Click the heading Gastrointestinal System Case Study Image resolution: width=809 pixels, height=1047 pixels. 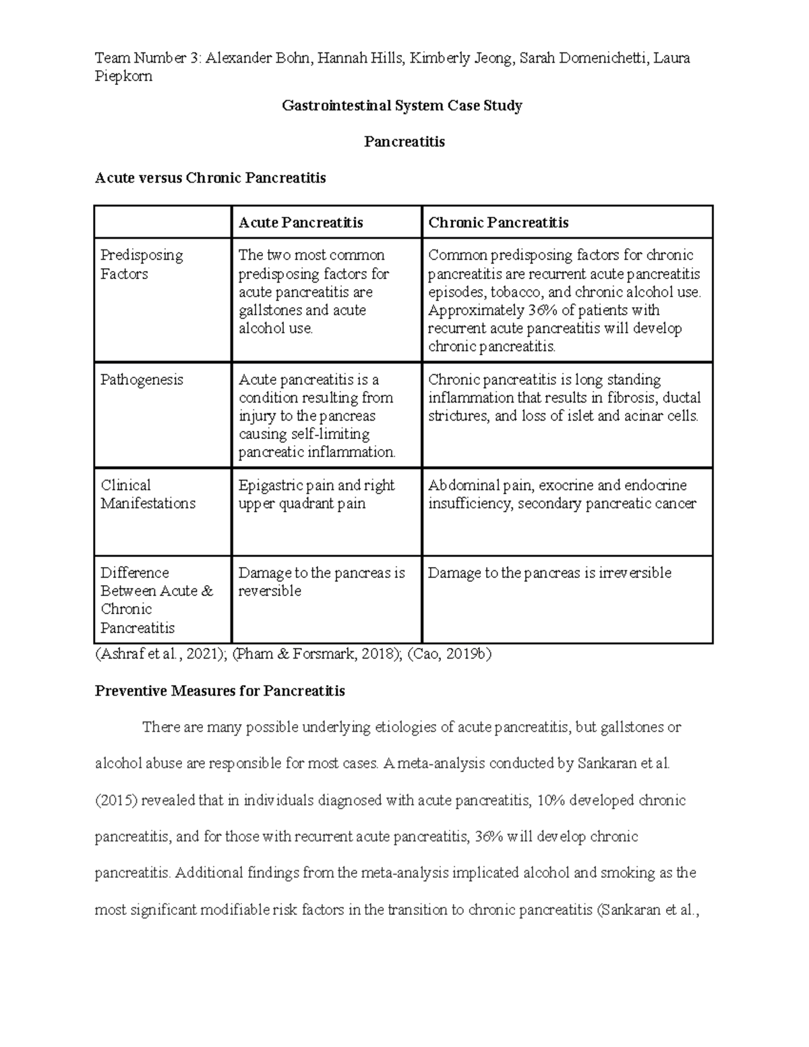(x=402, y=106)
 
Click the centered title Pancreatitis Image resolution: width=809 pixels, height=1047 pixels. (x=404, y=142)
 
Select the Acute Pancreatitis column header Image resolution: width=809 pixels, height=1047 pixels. (x=301, y=222)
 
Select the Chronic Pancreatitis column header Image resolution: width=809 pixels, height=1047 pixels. (x=498, y=222)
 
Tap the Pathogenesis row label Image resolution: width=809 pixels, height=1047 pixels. (x=142, y=380)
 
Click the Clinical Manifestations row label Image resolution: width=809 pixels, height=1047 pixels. (x=148, y=494)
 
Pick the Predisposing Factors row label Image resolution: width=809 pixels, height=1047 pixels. (x=142, y=264)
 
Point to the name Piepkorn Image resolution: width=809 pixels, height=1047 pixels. (x=123, y=76)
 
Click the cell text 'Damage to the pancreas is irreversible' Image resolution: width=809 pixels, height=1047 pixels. (x=549, y=573)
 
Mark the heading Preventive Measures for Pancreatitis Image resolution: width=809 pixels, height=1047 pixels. (x=220, y=691)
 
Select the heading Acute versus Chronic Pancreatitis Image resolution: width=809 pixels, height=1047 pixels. (x=210, y=178)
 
